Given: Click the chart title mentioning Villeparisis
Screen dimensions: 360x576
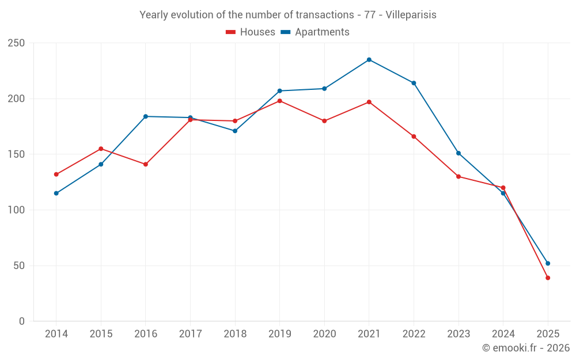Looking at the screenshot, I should pos(288,15).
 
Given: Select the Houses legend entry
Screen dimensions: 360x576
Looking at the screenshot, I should pos(251,32).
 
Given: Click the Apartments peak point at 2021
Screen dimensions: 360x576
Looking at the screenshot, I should pos(369,60).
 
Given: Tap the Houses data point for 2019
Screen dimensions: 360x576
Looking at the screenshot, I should pos(280,101).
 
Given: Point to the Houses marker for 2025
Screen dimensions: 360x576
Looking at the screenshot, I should pos(548,278).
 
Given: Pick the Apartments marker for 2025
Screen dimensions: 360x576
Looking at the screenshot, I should pos(548,263).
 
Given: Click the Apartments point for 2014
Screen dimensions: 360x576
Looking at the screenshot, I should pos(56,193).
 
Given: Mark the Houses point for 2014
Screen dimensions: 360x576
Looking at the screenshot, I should pos(56,175).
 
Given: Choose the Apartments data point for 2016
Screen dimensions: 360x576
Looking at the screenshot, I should pos(146,116).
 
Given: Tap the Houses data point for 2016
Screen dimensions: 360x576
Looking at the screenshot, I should pos(146,164).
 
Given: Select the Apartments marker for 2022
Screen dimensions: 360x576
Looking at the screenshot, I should pos(414,83).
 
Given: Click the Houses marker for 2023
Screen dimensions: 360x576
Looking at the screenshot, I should pos(458,176).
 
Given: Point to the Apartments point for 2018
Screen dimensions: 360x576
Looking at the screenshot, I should pos(235,131).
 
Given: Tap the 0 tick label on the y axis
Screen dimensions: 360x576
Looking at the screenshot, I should pos(22,321).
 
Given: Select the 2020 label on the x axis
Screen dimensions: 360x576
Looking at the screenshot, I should pos(324,334).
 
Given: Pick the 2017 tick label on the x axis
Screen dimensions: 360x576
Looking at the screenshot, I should pos(190,334).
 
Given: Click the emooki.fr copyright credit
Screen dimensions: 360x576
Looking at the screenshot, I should pos(526,348).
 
